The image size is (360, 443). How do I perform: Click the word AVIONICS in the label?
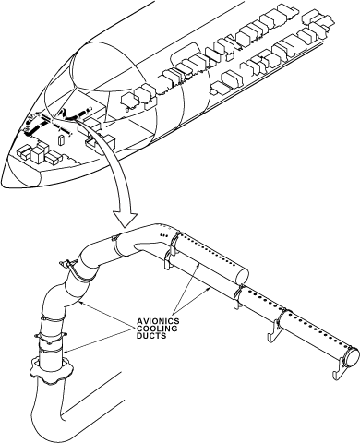158,321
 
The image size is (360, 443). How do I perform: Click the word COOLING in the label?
157,329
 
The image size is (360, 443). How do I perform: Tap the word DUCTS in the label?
151,336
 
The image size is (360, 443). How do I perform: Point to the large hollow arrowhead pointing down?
125,219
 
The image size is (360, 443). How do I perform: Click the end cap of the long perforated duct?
352,357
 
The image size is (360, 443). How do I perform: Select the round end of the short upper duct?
242,275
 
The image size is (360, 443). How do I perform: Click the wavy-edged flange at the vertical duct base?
52,369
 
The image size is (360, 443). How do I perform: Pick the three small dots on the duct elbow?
164,235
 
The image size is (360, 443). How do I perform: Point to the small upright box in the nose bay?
61,139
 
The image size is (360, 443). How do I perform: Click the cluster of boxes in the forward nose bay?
39,152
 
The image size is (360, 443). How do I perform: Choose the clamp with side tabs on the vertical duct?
51,336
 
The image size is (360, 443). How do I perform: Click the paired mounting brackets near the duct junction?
170,251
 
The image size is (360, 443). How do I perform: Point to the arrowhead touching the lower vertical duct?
66,352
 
